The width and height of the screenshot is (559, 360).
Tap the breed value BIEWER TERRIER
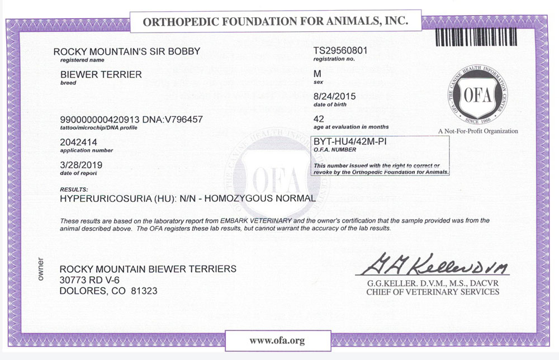point(101,74)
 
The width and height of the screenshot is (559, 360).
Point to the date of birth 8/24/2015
point(335,96)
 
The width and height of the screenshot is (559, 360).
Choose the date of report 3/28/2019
point(81,165)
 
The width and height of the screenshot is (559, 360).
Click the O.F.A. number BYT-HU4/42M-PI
point(350,142)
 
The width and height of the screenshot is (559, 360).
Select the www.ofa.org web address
point(277,340)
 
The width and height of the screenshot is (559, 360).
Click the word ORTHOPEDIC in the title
point(179,22)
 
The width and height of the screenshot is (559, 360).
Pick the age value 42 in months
point(319,119)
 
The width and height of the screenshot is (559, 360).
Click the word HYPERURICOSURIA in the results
point(99,198)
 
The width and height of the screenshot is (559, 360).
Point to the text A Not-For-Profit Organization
point(478,131)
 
